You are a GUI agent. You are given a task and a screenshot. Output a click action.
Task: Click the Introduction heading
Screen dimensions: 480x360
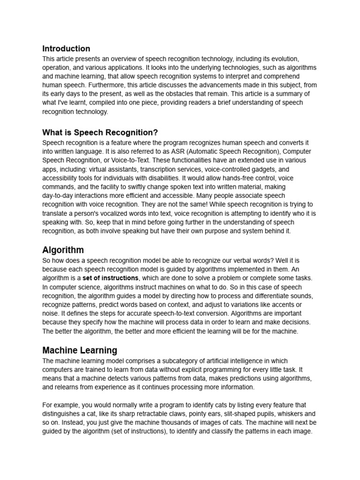[x=66, y=49]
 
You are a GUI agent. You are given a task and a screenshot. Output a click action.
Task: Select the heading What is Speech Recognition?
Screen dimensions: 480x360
[x=100, y=132]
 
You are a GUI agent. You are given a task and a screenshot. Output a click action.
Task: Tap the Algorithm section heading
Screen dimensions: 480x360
[x=63, y=250]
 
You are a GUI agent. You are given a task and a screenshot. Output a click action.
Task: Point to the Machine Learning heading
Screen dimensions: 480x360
[x=80, y=350]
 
